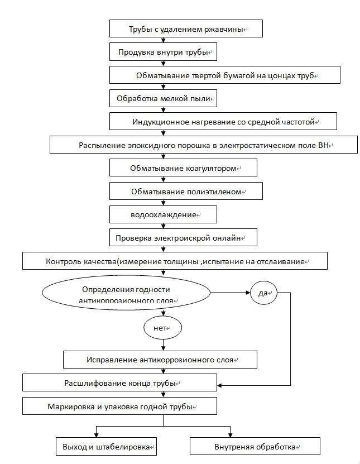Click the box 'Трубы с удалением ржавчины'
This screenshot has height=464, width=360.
pyautogui.click(x=186, y=28)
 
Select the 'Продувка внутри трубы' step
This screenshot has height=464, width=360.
pyautogui.click(x=163, y=52)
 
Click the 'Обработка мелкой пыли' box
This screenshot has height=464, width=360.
pyautogui.click(x=163, y=98)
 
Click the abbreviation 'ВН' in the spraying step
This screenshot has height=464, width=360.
pyautogui.click(x=323, y=145)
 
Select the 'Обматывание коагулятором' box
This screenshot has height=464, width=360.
pyautogui.click(x=183, y=168)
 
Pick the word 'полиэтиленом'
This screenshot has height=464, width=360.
pyautogui.click(x=214, y=192)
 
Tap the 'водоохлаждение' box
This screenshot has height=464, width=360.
pyautogui.click(x=163, y=214)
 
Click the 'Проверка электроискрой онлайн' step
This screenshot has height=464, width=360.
pyautogui.click(x=183, y=237)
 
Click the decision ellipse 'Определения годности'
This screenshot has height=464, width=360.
pyautogui.click(x=126, y=293)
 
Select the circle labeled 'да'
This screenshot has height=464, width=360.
pyautogui.click(x=263, y=293)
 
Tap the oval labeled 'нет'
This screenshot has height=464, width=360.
pyautogui.click(x=162, y=328)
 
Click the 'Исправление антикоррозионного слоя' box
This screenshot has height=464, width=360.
pyautogui.click(x=160, y=360)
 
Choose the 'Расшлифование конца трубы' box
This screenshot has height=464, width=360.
pyautogui.click(x=119, y=382)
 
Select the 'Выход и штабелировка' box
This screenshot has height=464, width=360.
pyautogui.click(x=106, y=447)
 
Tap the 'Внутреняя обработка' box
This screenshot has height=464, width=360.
pyautogui.click(x=255, y=446)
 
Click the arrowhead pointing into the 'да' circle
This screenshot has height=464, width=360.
pyautogui.click(x=248, y=293)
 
